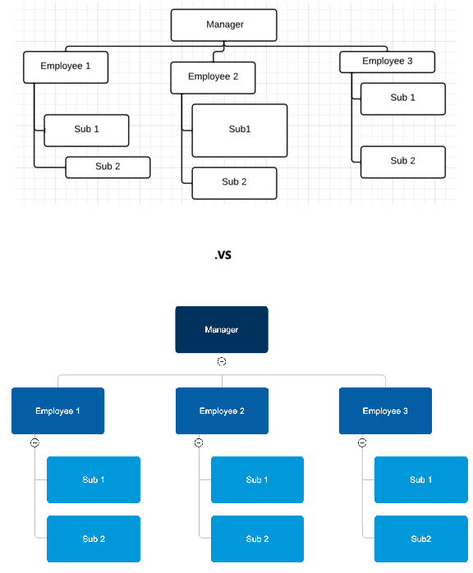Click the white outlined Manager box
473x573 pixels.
coord(223,25)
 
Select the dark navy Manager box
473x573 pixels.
coord(222,329)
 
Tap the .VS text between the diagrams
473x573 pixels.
coord(222,255)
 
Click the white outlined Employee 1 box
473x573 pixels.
coord(66,66)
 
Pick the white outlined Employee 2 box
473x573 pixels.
coord(213,77)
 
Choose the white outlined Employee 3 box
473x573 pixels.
coord(387,62)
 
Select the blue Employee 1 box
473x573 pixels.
coord(57,410)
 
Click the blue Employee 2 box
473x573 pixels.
coord(222,410)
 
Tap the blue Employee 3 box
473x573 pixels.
coord(385,410)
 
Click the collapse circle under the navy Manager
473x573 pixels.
coord(222,361)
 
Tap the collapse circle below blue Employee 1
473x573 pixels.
coord(34,442)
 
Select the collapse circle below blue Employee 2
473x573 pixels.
coord(199,442)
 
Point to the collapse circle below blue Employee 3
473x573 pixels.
coord(362,442)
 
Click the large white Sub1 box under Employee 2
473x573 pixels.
coord(240,130)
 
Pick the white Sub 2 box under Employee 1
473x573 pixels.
coord(108,167)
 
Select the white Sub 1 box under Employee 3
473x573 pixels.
coord(402,98)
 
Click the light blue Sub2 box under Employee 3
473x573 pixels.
coord(421,539)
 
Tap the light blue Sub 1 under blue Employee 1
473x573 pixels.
coord(94,479)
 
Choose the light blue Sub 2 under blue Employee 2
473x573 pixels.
coord(257,539)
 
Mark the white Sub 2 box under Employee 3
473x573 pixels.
coord(402,162)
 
